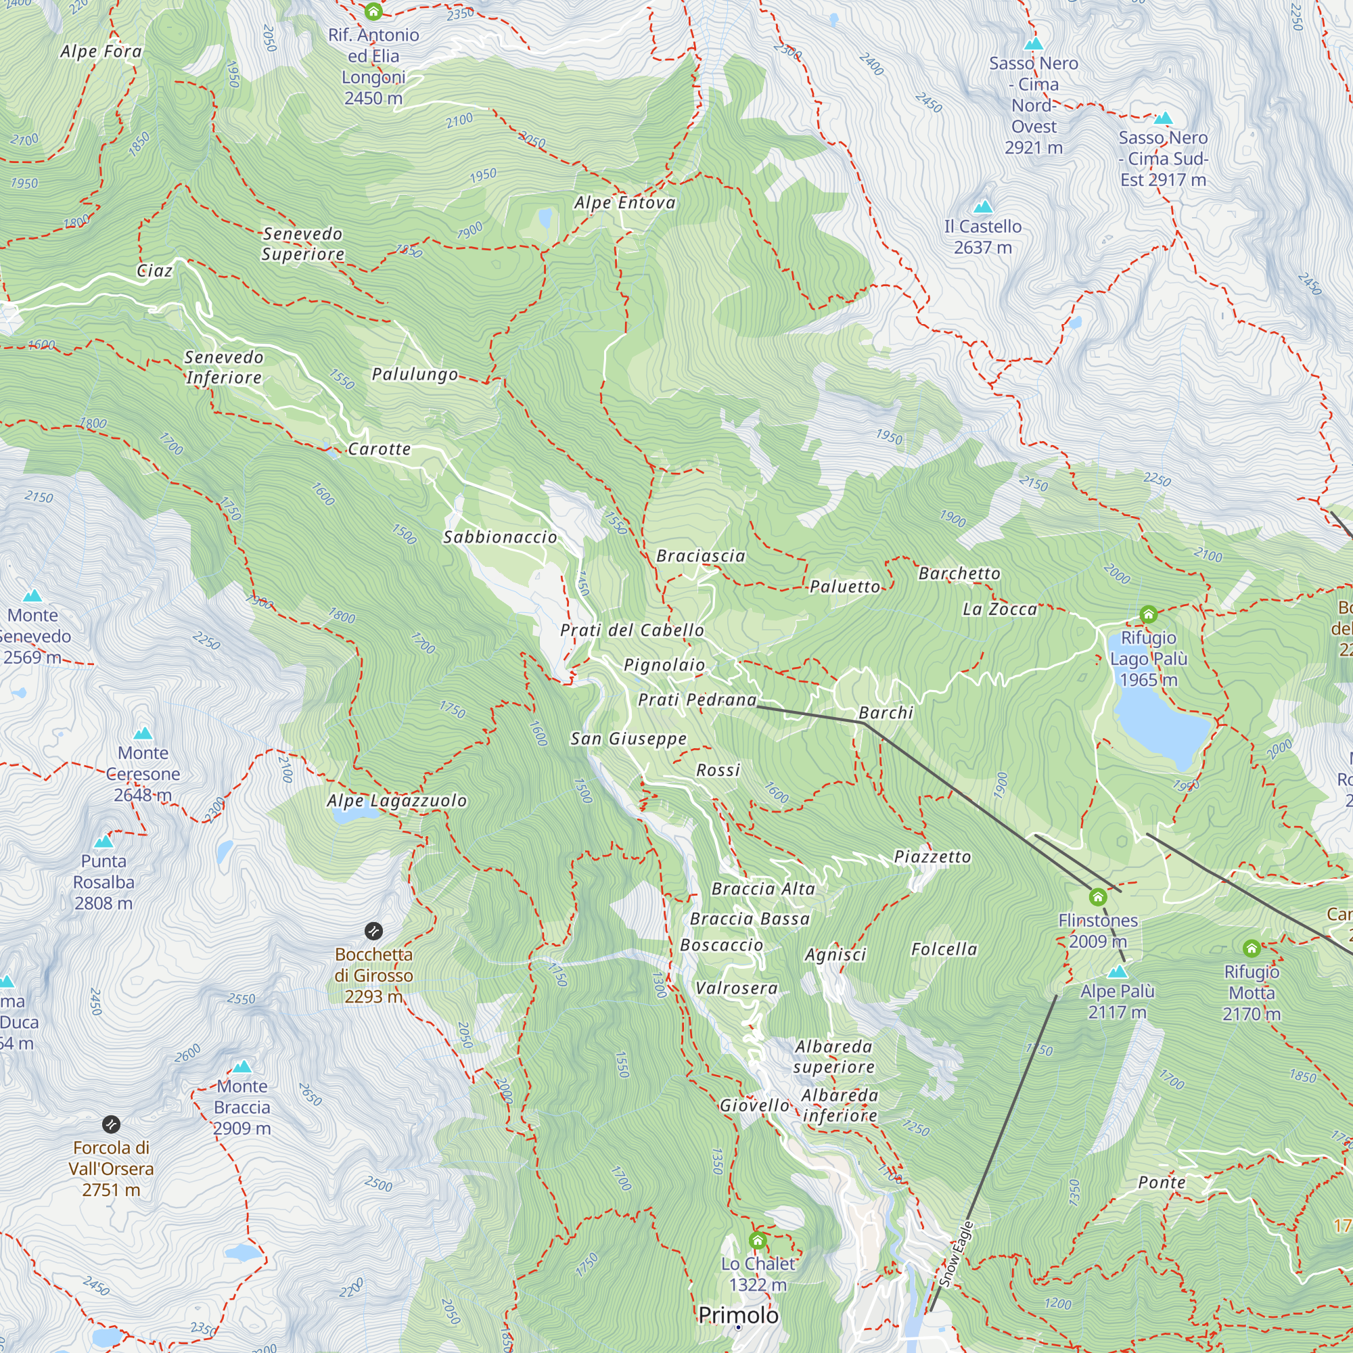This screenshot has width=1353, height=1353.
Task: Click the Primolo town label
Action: (x=738, y=1315)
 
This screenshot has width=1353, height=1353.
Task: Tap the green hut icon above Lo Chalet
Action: (x=757, y=1241)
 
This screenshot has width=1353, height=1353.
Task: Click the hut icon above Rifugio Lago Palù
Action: (x=1148, y=615)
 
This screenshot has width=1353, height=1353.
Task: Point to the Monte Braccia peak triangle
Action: (x=242, y=1067)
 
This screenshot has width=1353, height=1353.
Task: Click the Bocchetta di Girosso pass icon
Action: (x=373, y=931)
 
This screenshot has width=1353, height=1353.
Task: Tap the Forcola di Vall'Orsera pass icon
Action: (x=111, y=1124)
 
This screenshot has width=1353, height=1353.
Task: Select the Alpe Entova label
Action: (x=624, y=203)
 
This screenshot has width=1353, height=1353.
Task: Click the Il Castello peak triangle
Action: (x=983, y=206)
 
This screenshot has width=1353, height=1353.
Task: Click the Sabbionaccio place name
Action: (x=500, y=537)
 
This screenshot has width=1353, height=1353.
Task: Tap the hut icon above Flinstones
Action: (x=1097, y=897)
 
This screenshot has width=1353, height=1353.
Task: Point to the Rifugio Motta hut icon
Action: (x=1252, y=948)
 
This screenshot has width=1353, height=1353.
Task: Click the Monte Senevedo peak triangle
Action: (x=32, y=596)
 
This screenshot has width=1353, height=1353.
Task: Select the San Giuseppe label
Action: (x=628, y=739)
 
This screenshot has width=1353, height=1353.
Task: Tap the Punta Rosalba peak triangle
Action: (x=104, y=841)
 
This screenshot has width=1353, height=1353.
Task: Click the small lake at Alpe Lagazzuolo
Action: (x=345, y=817)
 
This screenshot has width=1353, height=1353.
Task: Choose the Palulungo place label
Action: (x=415, y=375)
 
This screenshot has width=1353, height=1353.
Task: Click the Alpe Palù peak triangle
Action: (x=1118, y=971)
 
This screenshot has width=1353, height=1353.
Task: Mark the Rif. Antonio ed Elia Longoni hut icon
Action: (x=373, y=12)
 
